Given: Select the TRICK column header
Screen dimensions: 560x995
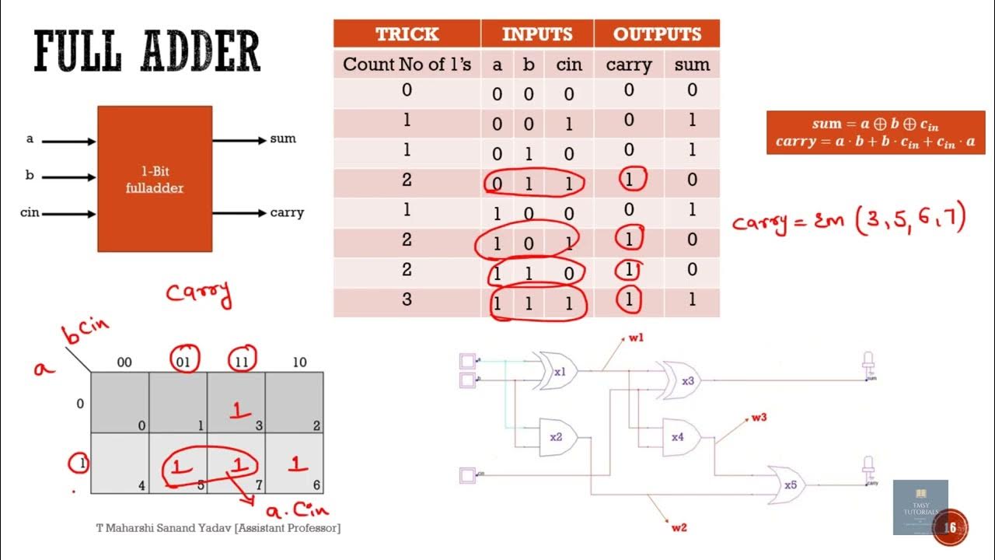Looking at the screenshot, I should (x=407, y=34).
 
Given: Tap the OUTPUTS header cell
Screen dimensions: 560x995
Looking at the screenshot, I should (x=657, y=34).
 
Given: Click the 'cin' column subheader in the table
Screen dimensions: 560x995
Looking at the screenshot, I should (x=568, y=65).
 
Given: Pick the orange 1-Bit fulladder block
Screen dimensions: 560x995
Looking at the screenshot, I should (x=155, y=178).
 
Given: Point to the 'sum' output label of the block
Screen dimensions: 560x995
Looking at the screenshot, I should (x=283, y=139).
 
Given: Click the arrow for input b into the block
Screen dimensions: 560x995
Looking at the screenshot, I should (x=68, y=177).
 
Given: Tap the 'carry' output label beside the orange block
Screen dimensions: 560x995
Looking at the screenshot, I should (x=287, y=212).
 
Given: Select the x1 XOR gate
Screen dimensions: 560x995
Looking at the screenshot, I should (x=557, y=372).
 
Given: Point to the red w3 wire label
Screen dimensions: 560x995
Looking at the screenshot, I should (x=759, y=418).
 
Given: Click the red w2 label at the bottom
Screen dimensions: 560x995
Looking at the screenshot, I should (x=679, y=527).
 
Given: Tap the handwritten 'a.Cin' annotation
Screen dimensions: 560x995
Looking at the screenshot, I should (x=297, y=511).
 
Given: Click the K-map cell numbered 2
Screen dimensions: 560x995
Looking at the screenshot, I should (x=294, y=403).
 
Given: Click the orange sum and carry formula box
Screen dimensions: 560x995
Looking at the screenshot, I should (x=875, y=133).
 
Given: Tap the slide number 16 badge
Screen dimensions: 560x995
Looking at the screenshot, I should (x=949, y=528).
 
